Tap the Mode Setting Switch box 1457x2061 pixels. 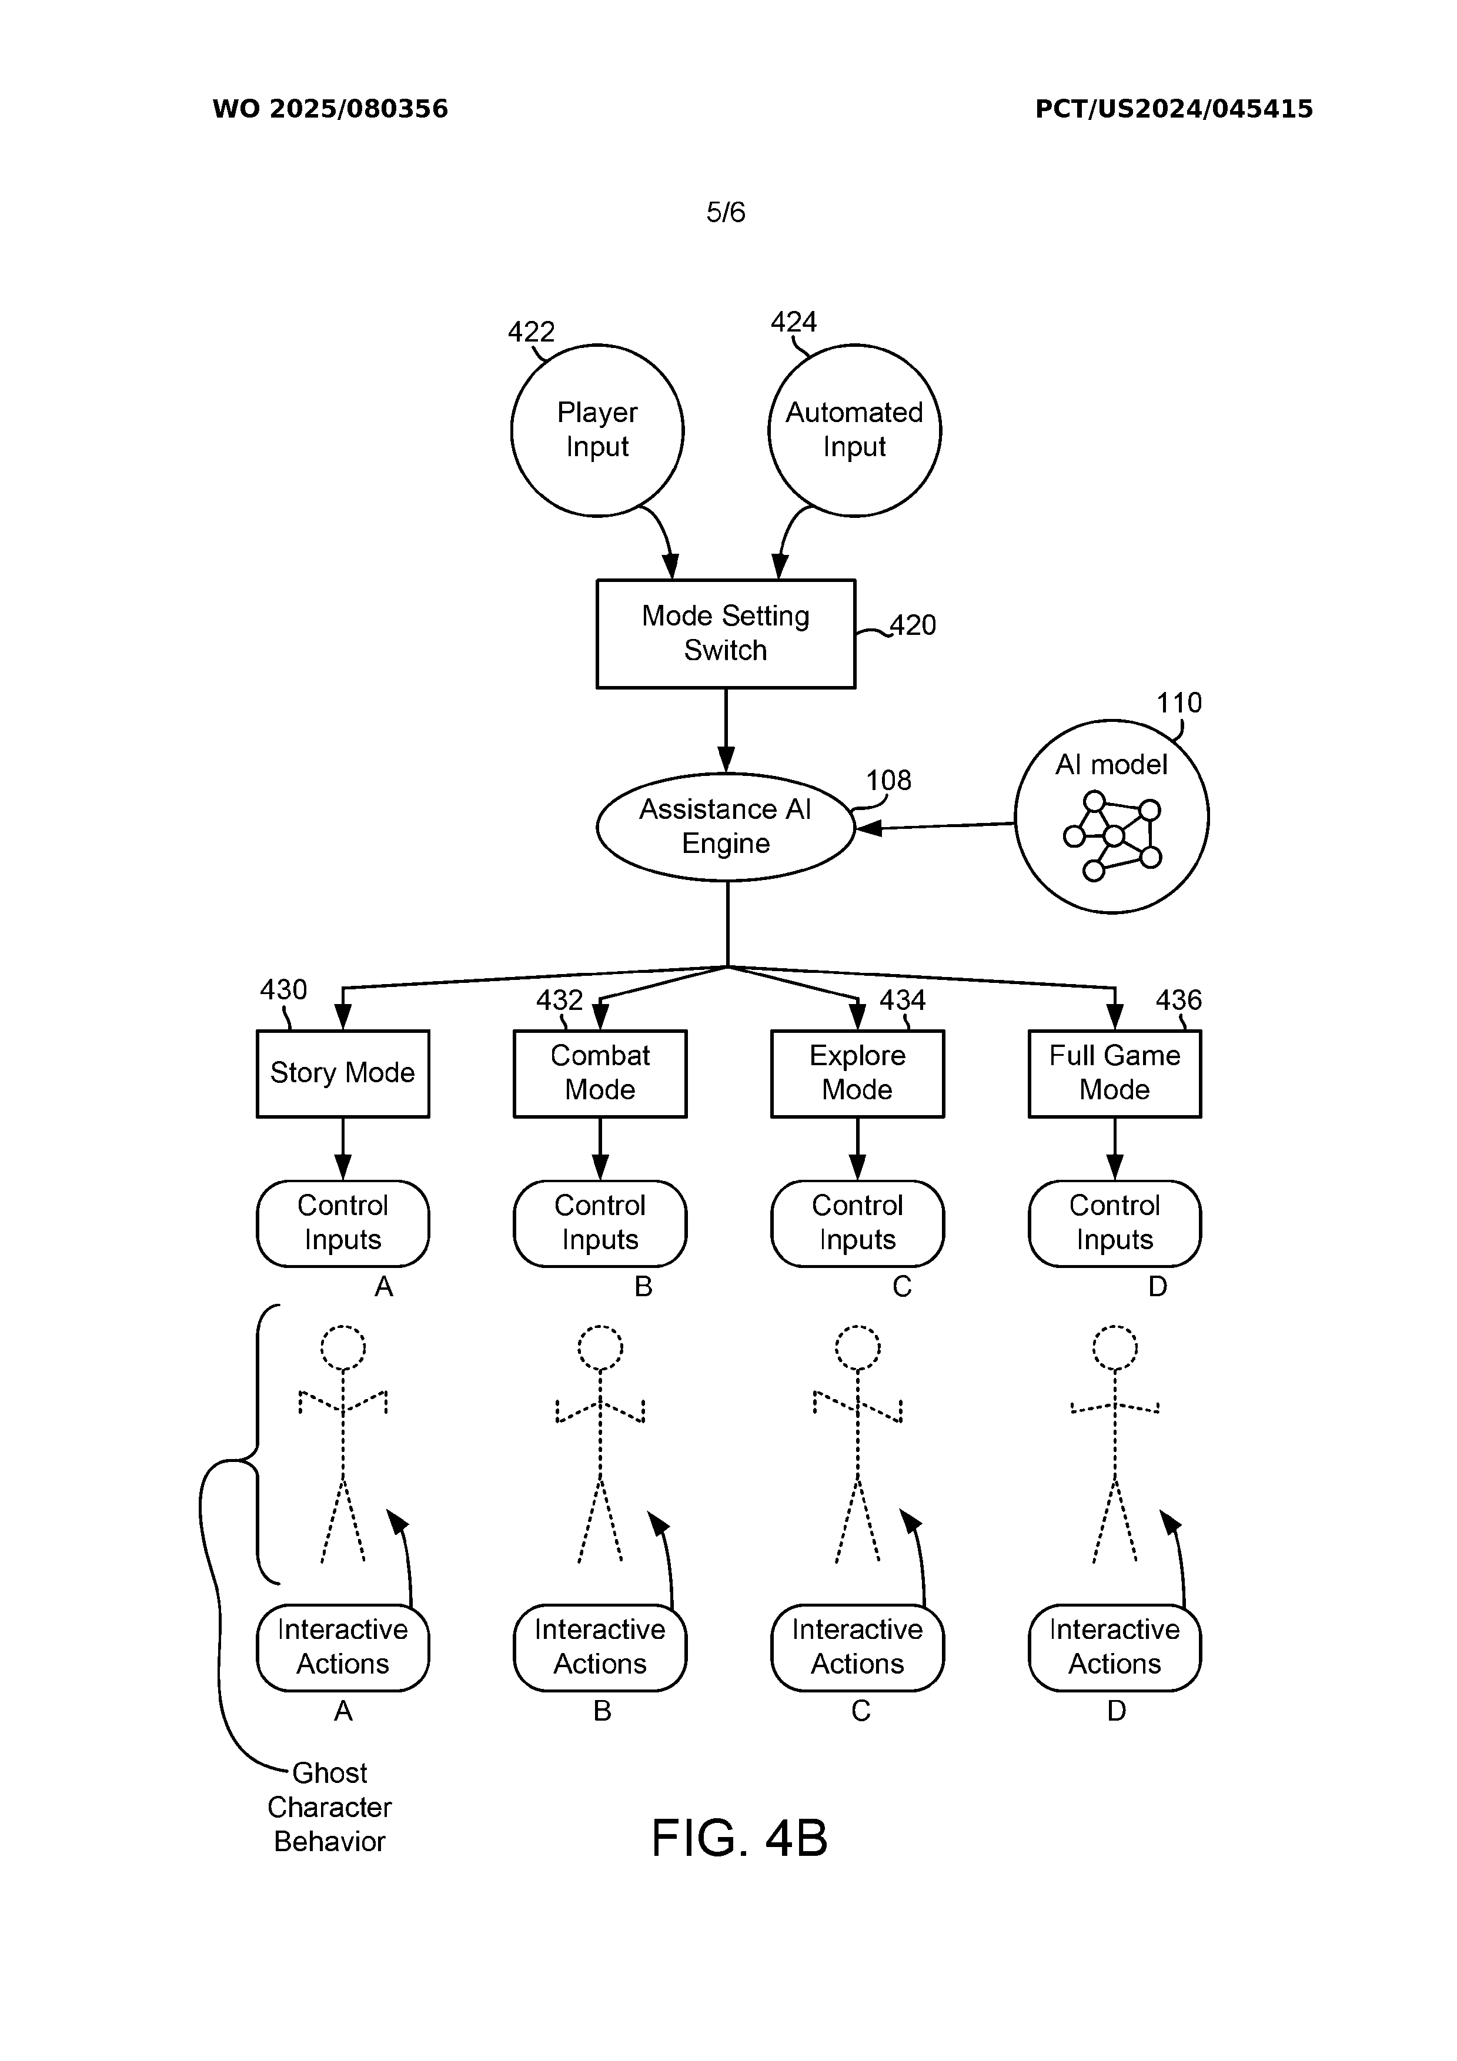pyautogui.click(x=726, y=634)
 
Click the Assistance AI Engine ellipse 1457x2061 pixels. pyautogui.click(x=726, y=827)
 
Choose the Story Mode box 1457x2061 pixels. pyautogui.click(x=343, y=1073)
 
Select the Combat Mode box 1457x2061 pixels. pyautogui.click(x=600, y=1073)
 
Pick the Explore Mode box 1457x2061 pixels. pyautogui.click(x=857, y=1073)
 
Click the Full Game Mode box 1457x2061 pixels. pyautogui.click(x=1114, y=1073)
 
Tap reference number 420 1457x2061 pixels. pyautogui.click(x=913, y=625)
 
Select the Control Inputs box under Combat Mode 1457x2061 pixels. pyautogui.click(x=600, y=1223)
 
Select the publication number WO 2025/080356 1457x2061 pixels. pyautogui.click(x=329, y=109)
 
